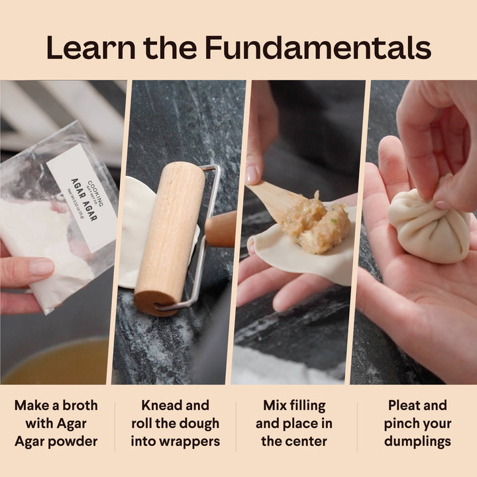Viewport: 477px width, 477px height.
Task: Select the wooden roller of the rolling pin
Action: (x=170, y=235)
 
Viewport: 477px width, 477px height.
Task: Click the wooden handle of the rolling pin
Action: (x=221, y=229)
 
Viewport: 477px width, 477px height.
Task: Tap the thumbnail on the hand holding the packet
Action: (x=42, y=267)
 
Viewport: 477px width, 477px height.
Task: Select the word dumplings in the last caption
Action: (x=417, y=441)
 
